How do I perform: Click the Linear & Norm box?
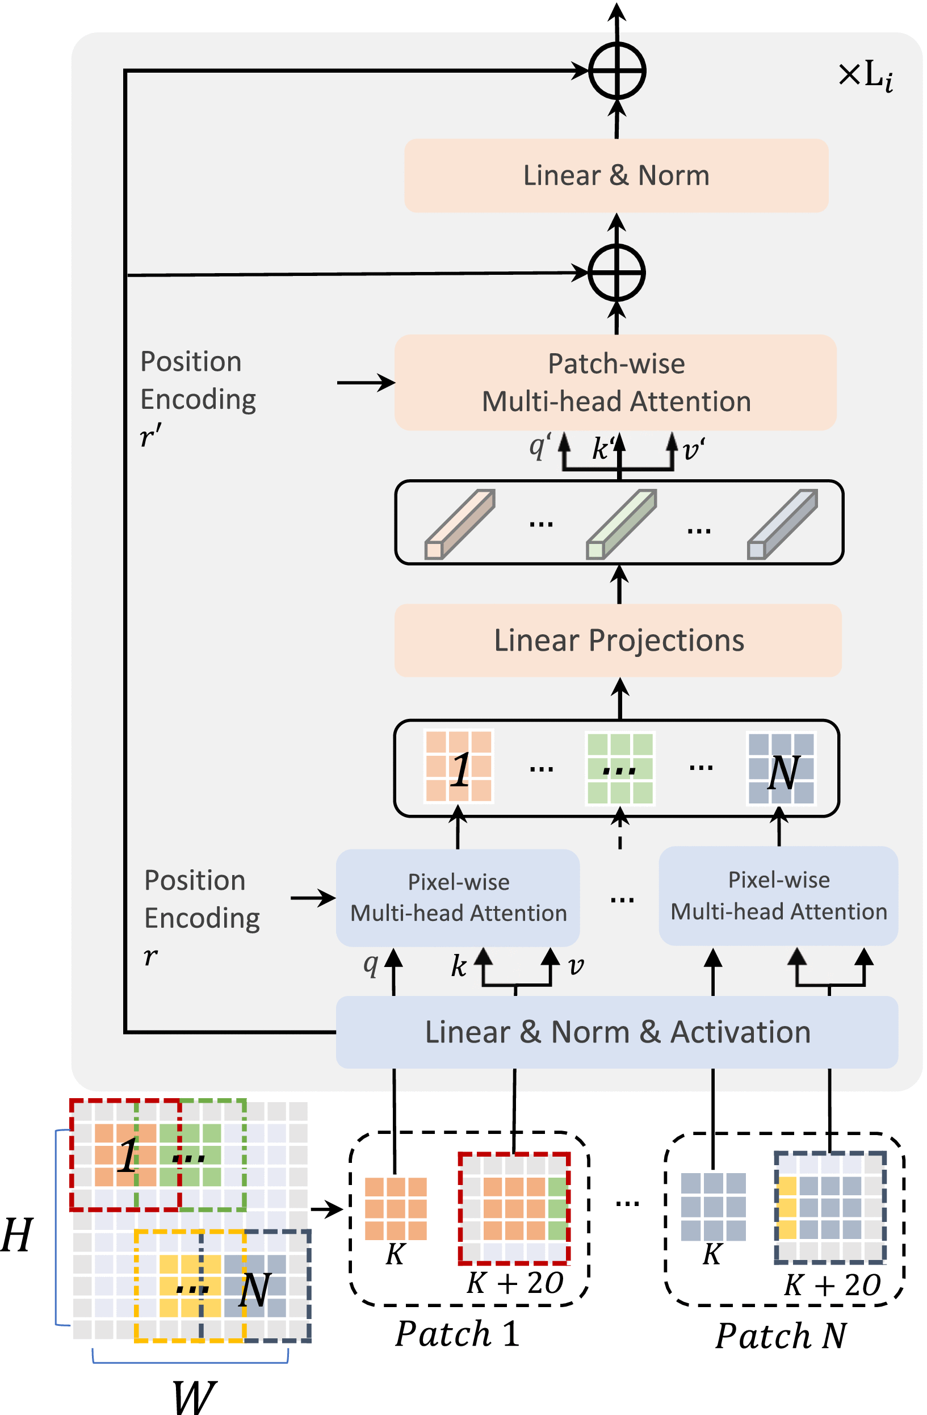click(x=616, y=175)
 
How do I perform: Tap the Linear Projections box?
click(x=619, y=641)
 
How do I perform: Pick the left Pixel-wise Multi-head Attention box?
click(x=458, y=898)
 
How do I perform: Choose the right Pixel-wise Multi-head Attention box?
click(x=778, y=896)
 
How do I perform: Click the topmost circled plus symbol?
click(x=617, y=71)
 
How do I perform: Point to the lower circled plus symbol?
click(x=617, y=273)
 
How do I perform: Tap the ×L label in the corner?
click(x=865, y=76)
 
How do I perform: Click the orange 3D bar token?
click(x=460, y=524)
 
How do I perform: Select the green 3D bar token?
click(x=622, y=524)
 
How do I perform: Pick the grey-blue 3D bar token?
click(x=783, y=524)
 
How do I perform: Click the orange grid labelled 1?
click(x=459, y=767)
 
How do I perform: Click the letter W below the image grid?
click(x=194, y=1397)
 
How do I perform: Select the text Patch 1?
click(x=458, y=1334)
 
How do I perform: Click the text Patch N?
click(x=781, y=1336)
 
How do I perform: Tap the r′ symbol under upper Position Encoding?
click(x=150, y=436)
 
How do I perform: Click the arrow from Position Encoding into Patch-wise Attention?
click(x=366, y=382)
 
